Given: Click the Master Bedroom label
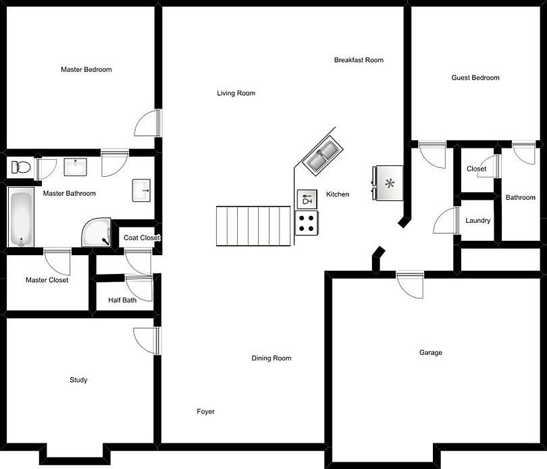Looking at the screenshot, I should pyautogui.click(x=86, y=70).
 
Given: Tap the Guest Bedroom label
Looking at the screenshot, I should pyautogui.click(x=475, y=78).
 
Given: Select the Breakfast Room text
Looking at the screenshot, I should pyautogui.click(x=359, y=60).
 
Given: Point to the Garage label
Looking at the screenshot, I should pyautogui.click(x=431, y=352).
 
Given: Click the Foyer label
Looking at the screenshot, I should pyautogui.click(x=206, y=411).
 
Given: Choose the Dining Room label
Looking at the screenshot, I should pyautogui.click(x=271, y=358).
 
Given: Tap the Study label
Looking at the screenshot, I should pyautogui.click(x=78, y=380).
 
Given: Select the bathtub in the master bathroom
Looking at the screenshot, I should pyautogui.click(x=20, y=218).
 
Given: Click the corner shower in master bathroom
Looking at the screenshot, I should pyautogui.click(x=96, y=233).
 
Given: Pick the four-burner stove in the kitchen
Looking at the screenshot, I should pyautogui.click(x=307, y=223).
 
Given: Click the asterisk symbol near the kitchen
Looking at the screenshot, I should pyautogui.click(x=390, y=183).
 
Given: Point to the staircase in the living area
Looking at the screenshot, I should pyautogui.click(x=253, y=227).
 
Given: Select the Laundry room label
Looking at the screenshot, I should pyautogui.click(x=478, y=221).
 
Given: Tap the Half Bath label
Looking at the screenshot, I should pyautogui.click(x=122, y=300).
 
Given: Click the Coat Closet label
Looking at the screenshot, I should pyautogui.click(x=142, y=238).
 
